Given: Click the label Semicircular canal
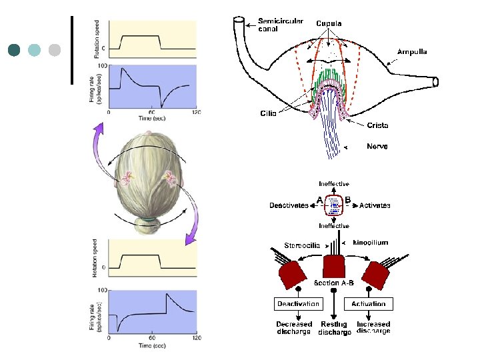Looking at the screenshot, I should [x=280, y=25].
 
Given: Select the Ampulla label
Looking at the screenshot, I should [x=412, y=51].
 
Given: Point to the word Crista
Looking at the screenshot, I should [x=377, y=125].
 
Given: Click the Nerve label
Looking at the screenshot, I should [x=377, y=146].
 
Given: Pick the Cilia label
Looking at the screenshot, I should [x=268, y=113].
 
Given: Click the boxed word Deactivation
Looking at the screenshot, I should [x=297, y=304].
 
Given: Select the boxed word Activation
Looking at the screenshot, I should [x=369, y=304].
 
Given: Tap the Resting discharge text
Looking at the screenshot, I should [x=334, y=328].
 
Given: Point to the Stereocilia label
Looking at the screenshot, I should [x=304, y=245].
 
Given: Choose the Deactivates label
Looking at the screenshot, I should [x=289, y=205].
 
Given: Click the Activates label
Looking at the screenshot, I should [x=375, y=205].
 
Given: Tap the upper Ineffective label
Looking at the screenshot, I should [x=333, y=184].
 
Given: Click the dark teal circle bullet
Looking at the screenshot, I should [x=15, y=50].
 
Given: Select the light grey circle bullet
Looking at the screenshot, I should [x=55, y=50].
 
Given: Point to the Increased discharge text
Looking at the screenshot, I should [x=373, y=327].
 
